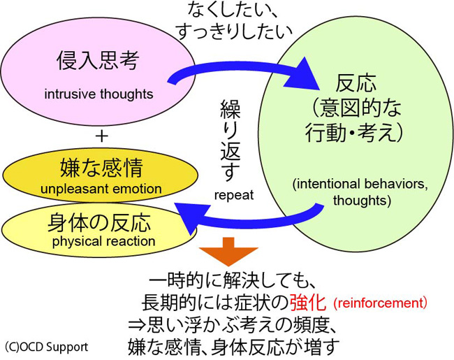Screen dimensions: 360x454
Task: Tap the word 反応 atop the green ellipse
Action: (357, 85)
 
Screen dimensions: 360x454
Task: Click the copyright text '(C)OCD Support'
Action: (46, 346)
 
